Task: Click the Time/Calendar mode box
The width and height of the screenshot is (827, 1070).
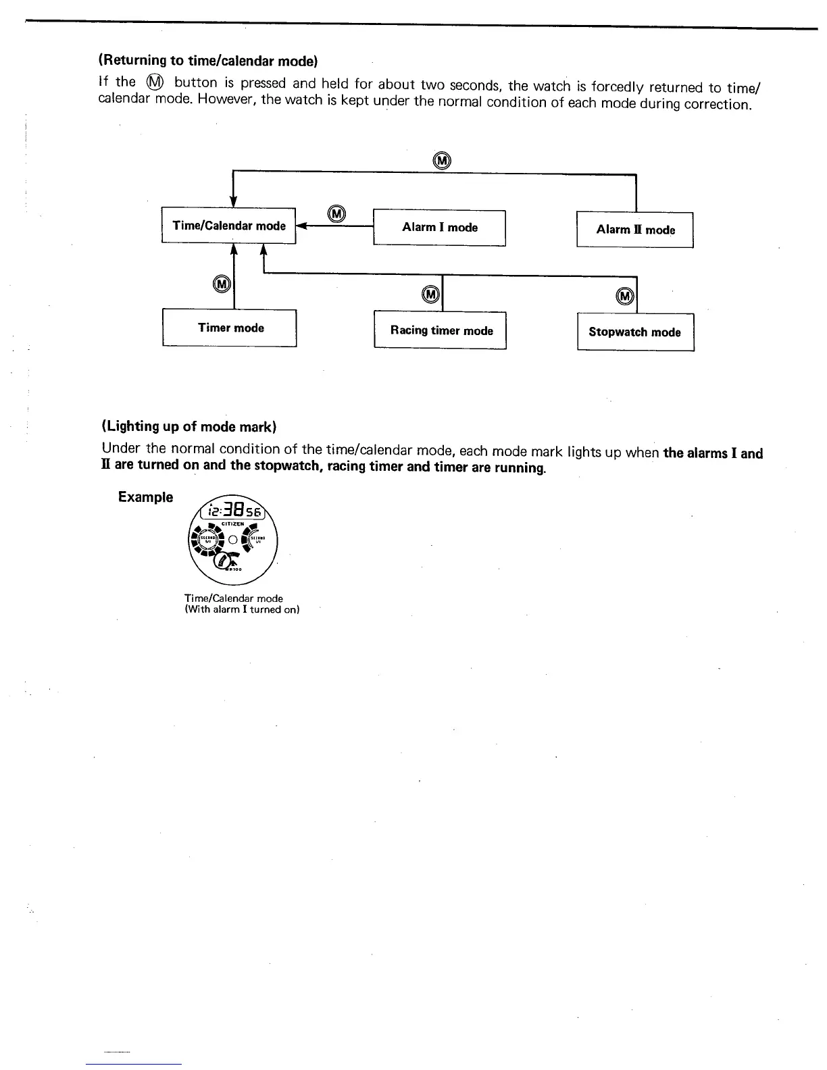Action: coord(229,226)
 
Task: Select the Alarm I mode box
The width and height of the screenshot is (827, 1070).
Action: coord(439,228)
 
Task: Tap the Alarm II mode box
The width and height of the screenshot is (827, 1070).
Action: coord(635,230)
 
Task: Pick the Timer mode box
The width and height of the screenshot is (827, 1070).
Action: coord(230,328)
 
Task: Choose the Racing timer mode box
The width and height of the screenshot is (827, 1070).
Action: coord(441,330)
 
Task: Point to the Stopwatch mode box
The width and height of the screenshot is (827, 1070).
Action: coord(635,332)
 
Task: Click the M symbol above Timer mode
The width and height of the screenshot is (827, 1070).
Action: coord(222,284)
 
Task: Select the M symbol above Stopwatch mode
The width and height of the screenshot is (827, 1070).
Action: coord(626,297)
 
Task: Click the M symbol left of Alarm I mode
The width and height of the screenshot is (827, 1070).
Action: coord(336,214)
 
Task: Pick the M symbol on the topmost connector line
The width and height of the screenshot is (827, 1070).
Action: coord(441,160)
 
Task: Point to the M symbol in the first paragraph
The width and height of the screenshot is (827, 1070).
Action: coord(155,82)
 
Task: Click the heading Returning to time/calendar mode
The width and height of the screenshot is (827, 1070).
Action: coord(209,61)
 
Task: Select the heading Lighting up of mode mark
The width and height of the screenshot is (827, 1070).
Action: coord(189,426)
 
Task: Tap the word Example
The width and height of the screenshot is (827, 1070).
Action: coord(145,497)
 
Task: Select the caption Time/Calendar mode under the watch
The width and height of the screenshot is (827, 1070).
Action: coord(234,598)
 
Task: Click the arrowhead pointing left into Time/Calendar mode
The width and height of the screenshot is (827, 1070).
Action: coord(301,226)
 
